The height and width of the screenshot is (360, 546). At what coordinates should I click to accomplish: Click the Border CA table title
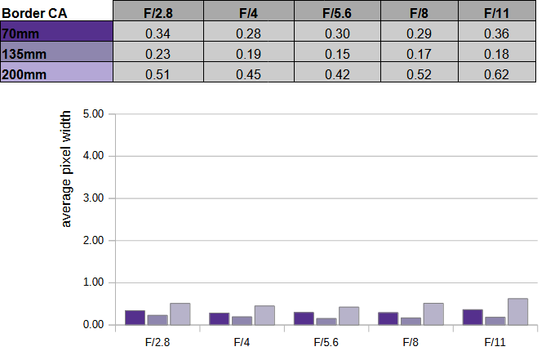tap(34, 13)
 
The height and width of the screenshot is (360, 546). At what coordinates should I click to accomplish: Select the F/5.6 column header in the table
tap(337, 13)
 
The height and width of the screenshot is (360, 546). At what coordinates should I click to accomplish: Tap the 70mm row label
tap(20, 33)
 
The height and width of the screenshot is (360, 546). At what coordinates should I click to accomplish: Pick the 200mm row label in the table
tap(24, 74)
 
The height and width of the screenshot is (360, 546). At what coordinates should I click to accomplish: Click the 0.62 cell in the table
tap(496, 74)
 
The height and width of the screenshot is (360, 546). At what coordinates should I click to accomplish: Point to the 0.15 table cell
tap(337, 54)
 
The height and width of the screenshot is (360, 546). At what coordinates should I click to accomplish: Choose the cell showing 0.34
tap(158, 33)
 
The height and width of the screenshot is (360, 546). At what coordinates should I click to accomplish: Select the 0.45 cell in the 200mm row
tap(248, 74)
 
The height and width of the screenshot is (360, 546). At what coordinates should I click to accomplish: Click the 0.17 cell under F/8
tap(419, 54)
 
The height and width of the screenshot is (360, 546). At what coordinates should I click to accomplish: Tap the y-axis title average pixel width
tap(66, 169)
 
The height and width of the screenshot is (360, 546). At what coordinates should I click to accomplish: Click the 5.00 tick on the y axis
tap(93, 113)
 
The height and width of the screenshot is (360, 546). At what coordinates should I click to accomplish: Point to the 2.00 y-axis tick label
tap(93, 240)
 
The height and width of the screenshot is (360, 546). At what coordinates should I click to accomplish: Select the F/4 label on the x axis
tap(242, 342)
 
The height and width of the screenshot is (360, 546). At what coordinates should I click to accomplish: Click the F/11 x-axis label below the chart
tap(495, 342)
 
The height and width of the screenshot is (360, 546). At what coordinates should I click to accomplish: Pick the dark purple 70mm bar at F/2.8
tap(135, 318)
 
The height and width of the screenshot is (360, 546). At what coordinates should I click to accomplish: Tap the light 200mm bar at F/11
tap(517, 312)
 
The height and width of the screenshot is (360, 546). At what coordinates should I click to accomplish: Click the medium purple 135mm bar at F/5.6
tap(326, 322)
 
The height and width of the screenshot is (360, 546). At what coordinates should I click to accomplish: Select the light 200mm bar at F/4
tap(264, 315)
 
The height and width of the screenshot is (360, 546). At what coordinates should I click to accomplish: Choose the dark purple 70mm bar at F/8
tap(388, 318)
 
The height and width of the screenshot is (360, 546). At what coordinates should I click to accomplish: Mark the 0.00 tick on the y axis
tap(93, 324)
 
